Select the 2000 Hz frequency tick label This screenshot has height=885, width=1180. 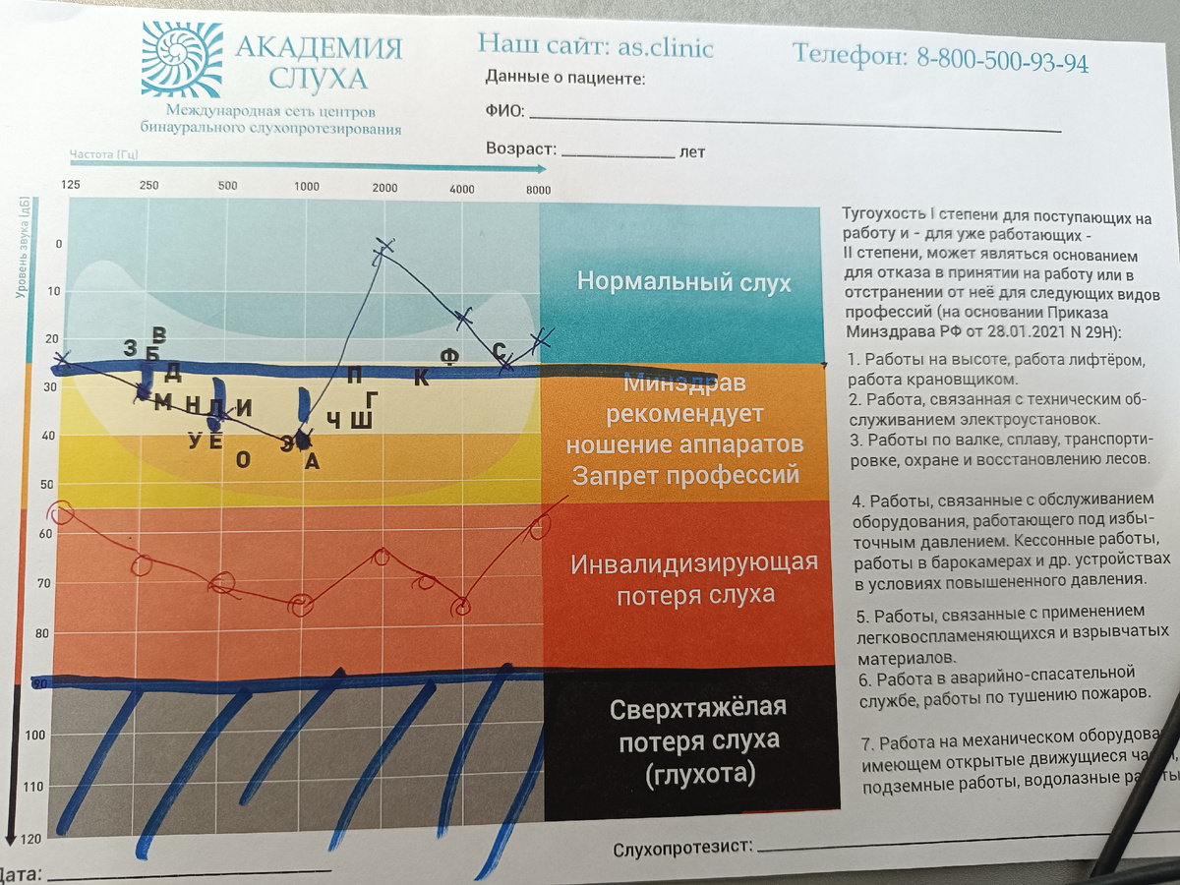coord(384,189)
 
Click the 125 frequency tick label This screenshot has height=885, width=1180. coord(71,185)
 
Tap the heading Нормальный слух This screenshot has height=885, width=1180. coord(683,283)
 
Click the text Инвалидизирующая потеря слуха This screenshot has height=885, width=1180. coord(694,578)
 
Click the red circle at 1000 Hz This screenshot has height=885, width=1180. coord(300,605)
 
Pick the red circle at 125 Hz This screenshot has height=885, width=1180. coord(62,512)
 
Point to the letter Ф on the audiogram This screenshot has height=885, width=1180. coord(448,355)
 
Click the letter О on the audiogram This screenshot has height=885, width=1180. coord(243,458)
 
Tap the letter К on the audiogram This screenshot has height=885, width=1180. coord(421,378)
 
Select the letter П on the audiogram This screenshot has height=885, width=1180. coord(355,375)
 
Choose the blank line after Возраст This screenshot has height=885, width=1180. coord(617,155)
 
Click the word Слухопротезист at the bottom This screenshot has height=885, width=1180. coord(681,848)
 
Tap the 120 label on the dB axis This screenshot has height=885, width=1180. coord(29,839)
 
